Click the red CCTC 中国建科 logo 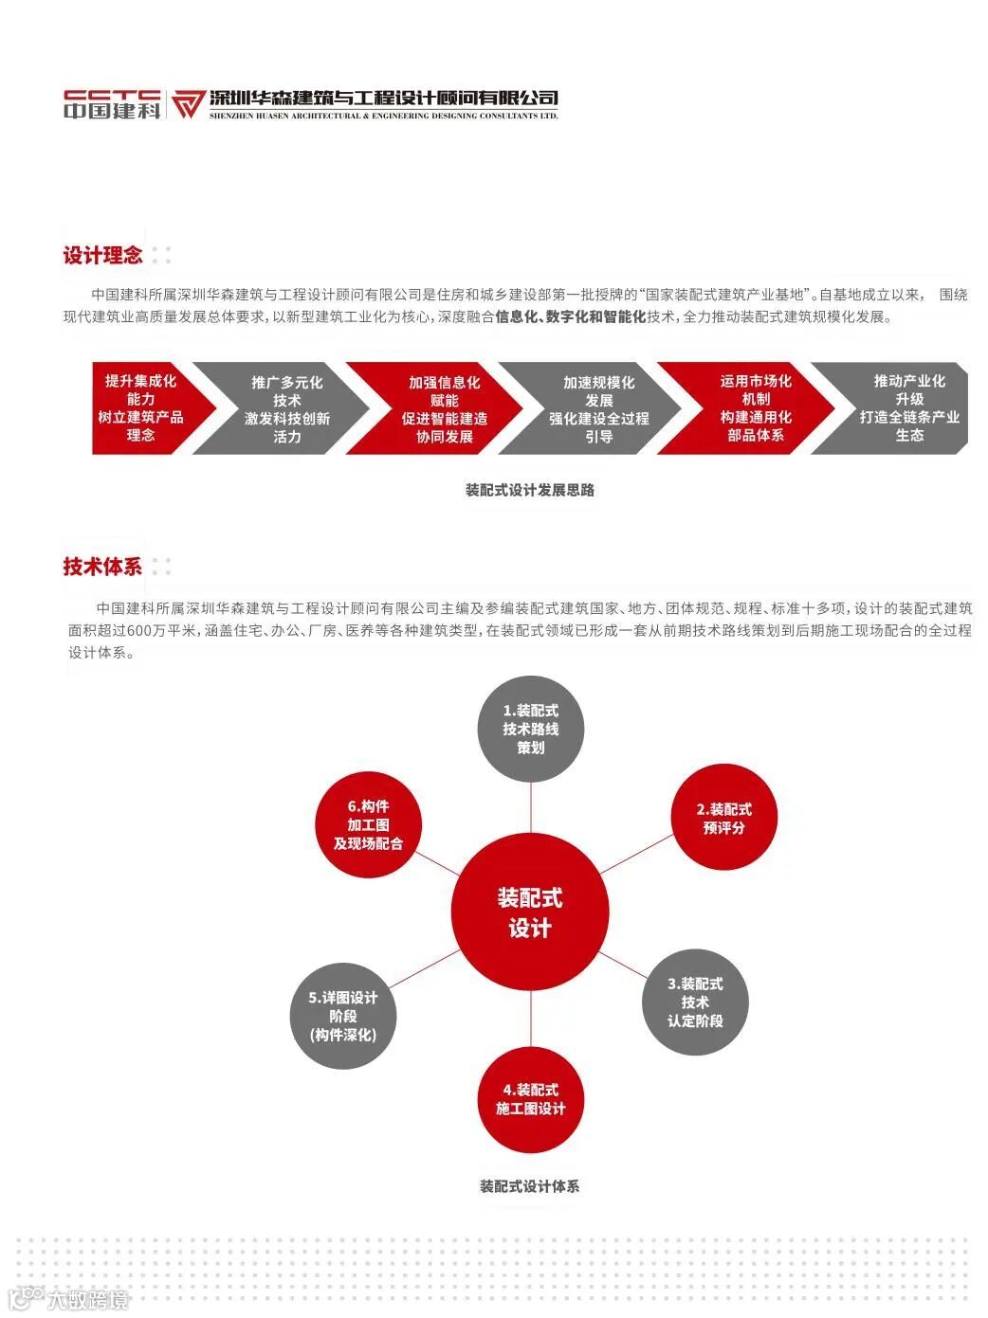point(112,103)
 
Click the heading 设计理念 point(102,255)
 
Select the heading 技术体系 point(102,567)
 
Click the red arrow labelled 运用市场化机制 point(755,408)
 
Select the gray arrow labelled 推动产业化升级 point(908,408)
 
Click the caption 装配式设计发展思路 point(530,490)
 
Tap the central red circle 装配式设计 point(529,912)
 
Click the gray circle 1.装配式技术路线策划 point(530,729)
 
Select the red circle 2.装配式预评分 point(723,818)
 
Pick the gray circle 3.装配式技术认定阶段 point(695,1002)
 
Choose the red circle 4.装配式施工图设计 point(530,1099)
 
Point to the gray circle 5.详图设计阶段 point(343,1016)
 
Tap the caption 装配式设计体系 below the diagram point(529,1185)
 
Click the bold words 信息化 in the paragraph point(516,317)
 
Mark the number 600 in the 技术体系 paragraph point(138,630)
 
